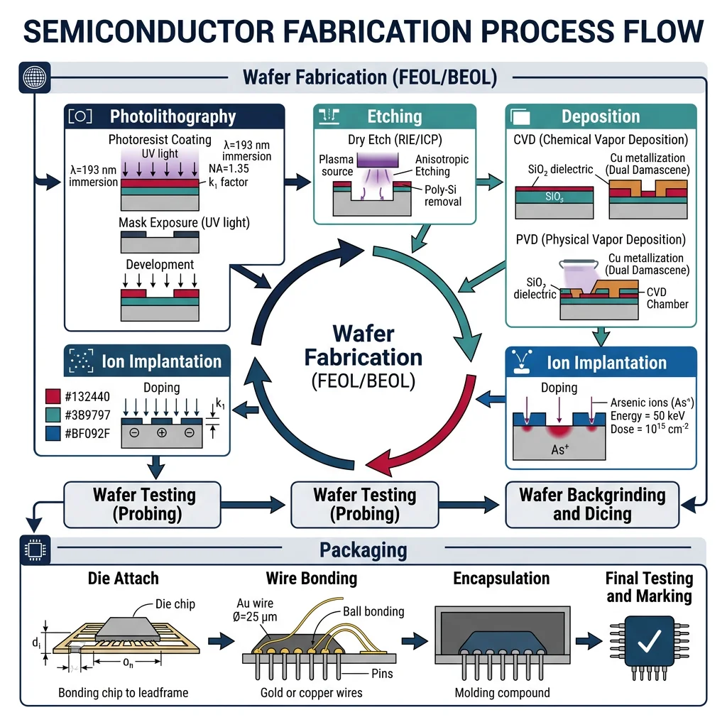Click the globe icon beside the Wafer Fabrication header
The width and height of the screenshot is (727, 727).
[x=31, y=77]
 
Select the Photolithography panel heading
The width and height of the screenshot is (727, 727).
[x=173, y=117]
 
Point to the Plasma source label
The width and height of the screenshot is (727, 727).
[x=337, y=165]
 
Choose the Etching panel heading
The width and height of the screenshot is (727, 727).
[x=394, y=117]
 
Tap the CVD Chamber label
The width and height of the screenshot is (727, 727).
[x=667, y=298]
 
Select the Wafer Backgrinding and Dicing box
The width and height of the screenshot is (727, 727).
[x=592, y=504]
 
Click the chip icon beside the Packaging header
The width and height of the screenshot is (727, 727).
[x=31, y=550]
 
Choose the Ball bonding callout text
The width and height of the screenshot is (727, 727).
[x=373, y=611]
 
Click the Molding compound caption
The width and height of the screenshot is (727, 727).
[x=502, y=692]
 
